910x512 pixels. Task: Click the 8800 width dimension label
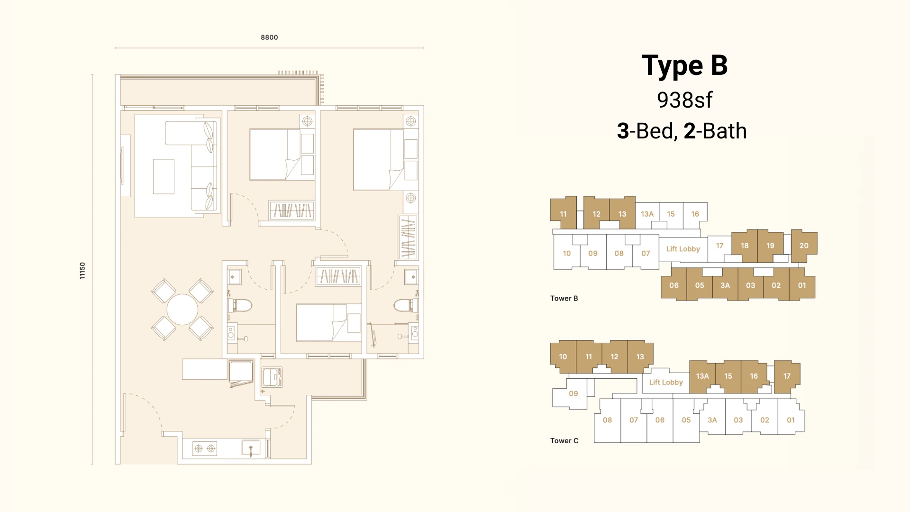pos(269,37)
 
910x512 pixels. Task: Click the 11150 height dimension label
pos(82,271)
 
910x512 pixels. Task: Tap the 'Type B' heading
pos(684,66)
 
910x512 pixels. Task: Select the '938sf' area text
pos(684,100)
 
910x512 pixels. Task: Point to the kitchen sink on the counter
pos(251,448)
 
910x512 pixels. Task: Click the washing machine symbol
pos(272,377)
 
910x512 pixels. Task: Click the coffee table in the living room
pos(164,176)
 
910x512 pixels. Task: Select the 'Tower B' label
pos(564,298)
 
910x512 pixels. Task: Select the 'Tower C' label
pos(564,440)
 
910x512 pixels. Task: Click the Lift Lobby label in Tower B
pos(683,249)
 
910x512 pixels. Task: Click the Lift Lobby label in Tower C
pos(666,382)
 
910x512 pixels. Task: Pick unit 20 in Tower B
pos(804,246)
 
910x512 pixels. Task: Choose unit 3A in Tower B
pos(725,285)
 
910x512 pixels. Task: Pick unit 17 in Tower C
pos(787,376)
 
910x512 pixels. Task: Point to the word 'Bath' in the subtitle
pos(725,131)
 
